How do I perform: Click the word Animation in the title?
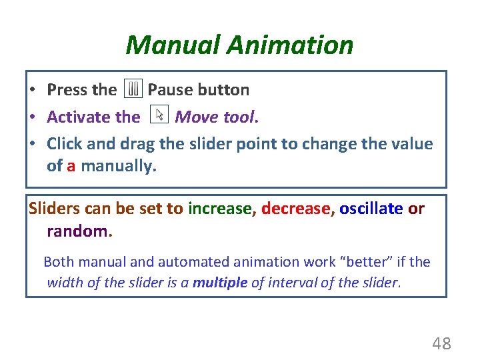[290, 45]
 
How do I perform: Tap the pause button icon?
[134, 89]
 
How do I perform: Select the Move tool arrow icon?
[159, 116]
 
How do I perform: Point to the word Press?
[68, 89]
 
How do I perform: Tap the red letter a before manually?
[71, 165]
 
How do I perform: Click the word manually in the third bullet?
[119, 166]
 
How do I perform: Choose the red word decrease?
[295, 209]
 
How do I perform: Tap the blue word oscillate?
[371, 209]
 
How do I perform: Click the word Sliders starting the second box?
[55, 209]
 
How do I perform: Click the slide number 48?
[441, 344]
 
